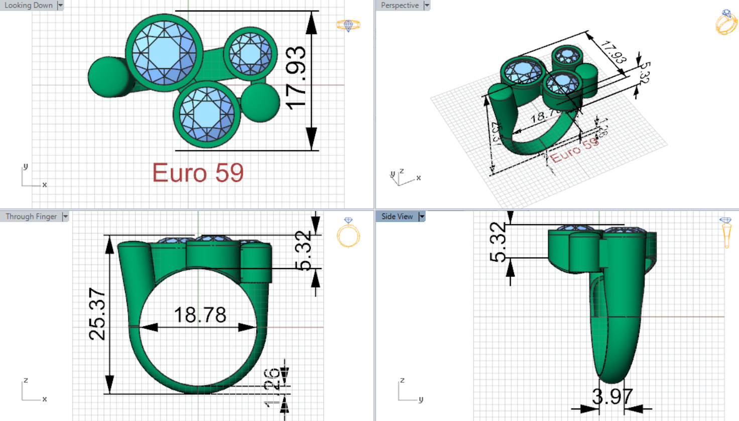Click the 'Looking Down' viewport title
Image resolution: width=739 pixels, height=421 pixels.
(29, 6)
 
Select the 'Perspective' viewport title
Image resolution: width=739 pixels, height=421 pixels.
(400, 6)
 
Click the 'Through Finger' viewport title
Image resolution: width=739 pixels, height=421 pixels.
(31, 217)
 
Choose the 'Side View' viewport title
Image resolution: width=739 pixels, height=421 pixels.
(397, 217)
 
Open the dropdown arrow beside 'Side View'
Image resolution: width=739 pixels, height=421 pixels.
(422, 217)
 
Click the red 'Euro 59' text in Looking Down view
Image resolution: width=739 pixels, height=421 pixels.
(198, 173)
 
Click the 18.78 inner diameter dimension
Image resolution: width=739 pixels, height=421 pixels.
(200, 315)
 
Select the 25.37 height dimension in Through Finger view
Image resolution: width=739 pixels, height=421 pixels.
(97, 314)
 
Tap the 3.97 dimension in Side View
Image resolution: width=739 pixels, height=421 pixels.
(612, 397)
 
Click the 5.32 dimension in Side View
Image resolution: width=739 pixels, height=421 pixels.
(498, 243)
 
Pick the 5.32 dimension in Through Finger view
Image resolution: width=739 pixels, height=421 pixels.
(304, 250)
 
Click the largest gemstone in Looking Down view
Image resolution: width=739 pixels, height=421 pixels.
(164, 52)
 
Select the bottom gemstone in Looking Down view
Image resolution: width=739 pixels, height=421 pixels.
(207, 114)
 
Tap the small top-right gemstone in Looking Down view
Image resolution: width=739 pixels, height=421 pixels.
(250, 54)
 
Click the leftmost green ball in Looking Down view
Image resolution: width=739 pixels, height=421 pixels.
(108, 77)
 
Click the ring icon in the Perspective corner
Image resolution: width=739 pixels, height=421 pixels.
(726, 22)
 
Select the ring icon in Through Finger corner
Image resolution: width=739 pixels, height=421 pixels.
(348, 233)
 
